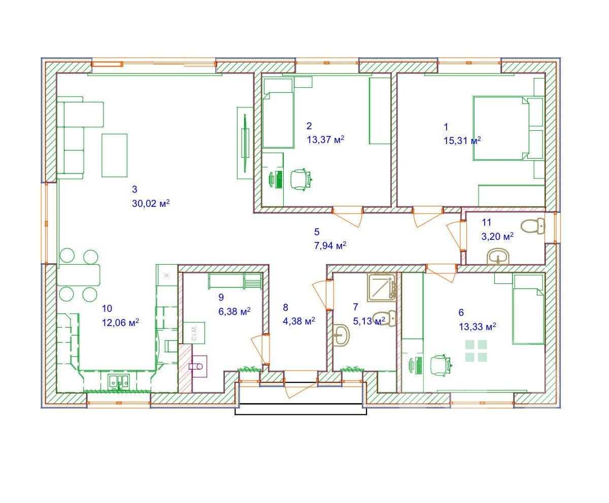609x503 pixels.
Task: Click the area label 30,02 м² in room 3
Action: (151, 203)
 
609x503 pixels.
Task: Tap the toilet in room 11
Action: (533, 227)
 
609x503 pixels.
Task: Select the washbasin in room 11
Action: (498, 257)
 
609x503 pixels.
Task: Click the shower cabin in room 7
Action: (382, 288)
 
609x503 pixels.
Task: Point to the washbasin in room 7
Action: (341, 336)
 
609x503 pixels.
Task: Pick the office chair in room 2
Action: (301, 179)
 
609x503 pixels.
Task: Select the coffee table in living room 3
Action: (114, 155)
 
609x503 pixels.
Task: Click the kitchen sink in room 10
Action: (118, 381)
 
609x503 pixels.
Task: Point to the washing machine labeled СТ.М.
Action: (194, 333)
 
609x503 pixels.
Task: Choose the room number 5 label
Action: (317, 232)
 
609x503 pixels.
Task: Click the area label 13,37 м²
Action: (325, 139)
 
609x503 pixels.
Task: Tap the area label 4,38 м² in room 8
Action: (299, 321)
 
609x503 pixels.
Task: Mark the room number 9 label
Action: (221, 297)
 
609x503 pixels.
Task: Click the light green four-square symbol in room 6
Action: (476, 351)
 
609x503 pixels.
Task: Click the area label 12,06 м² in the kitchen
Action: (120, 322)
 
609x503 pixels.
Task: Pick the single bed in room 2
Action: (278, 113)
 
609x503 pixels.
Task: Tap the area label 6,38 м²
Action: (234, 311)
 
